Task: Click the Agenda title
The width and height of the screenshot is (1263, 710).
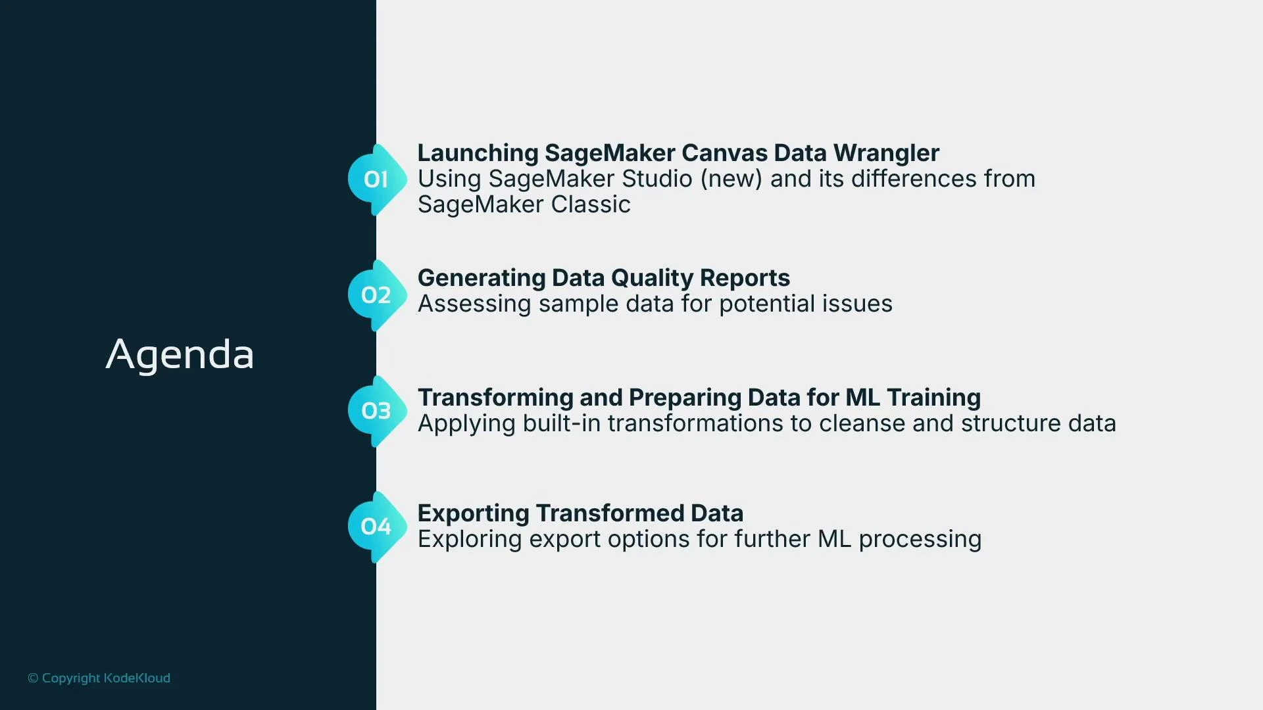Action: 180,355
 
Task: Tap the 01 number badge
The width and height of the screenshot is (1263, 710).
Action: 376,179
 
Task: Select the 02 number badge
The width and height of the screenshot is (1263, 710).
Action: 376,295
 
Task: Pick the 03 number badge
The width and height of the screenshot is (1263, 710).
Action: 376,411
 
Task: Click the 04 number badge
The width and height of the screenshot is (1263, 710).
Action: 376,527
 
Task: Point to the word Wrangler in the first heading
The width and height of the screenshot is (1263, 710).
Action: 886,153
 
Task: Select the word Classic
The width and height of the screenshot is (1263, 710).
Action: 590,204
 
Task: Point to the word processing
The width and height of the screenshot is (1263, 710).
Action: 920,540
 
